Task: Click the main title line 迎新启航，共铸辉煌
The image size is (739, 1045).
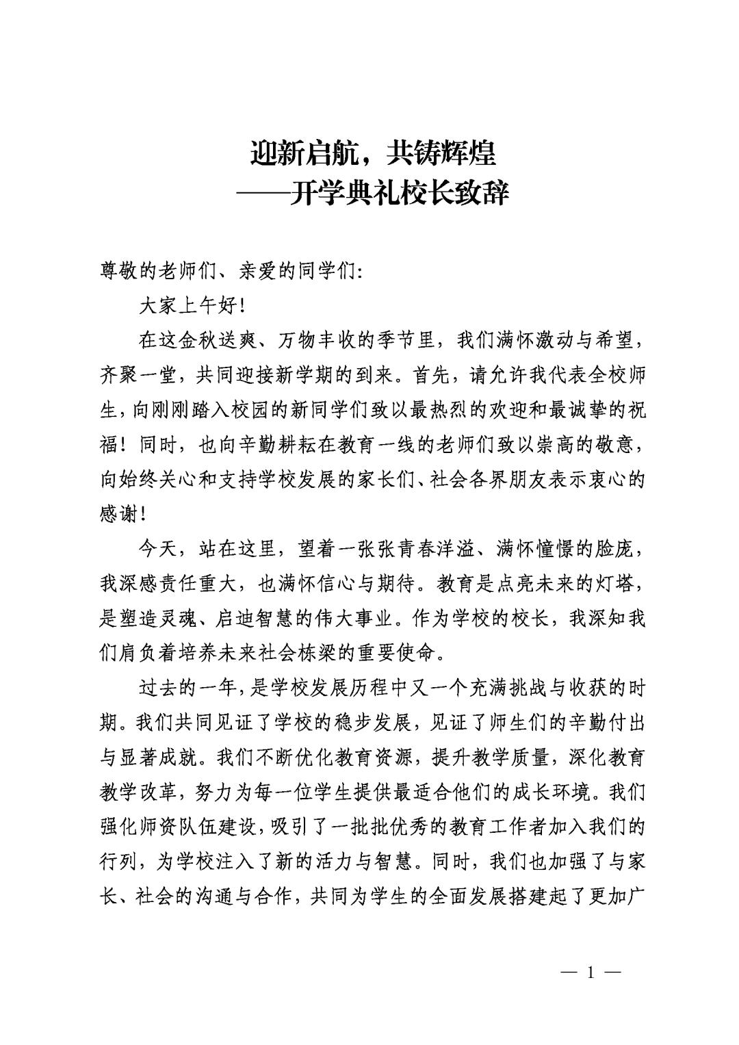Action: (x=372, y=153)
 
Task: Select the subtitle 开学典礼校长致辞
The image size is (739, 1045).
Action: (x=399, y=193)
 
